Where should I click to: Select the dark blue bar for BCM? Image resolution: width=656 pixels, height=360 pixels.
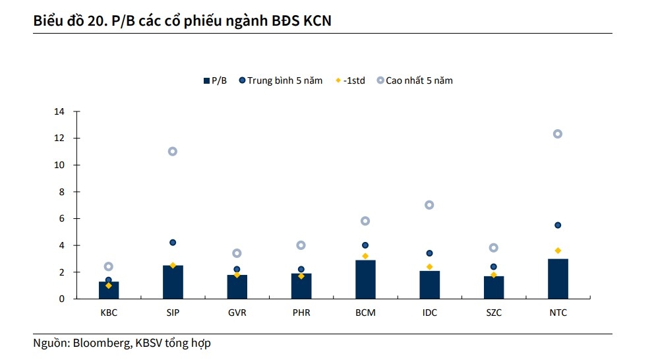365,280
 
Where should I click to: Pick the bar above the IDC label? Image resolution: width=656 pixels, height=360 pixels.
429,285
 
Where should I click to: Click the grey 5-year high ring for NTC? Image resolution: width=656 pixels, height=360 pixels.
557,134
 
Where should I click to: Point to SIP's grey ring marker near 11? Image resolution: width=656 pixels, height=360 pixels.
173,151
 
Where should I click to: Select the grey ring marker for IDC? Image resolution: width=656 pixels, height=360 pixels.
429,205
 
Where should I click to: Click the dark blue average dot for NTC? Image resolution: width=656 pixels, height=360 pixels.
557,225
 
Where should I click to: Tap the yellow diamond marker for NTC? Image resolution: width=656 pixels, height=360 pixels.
557,251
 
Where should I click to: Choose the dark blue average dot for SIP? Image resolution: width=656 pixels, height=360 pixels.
173,243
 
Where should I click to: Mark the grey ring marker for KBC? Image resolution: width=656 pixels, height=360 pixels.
109,266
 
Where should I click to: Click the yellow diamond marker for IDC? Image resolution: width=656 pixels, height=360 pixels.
429,266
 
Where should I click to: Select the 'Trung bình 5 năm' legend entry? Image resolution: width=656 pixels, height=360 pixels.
285,80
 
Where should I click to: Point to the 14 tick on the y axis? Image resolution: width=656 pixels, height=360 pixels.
60,111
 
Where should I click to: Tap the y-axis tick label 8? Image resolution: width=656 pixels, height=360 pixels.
62,192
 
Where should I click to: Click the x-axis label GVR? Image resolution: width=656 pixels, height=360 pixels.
237,313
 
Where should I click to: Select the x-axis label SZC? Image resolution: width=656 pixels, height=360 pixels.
493,313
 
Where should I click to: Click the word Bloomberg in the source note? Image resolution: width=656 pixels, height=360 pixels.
101,343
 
